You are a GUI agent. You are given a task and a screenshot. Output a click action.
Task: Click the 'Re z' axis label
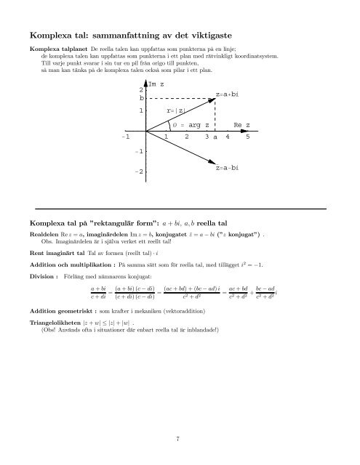point(242,125)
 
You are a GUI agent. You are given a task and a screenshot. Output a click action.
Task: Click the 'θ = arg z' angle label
point(191,125)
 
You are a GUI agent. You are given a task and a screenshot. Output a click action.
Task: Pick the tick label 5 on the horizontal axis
point(248,137)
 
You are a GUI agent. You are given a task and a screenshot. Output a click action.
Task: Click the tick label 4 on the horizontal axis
point(228,137)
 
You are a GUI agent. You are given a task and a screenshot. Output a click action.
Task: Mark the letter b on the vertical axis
point(141,98)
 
